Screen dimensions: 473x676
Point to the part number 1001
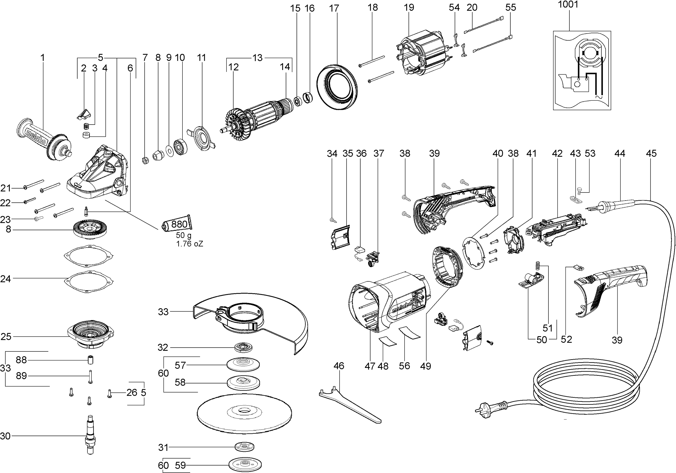pos(568,5)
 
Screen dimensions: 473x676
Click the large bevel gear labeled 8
pos(90,230)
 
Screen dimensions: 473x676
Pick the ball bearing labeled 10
pos(181,146)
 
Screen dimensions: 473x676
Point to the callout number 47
pos(370,366)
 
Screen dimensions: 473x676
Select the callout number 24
pos(5,279)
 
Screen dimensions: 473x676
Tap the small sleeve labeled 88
pos(90,360)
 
